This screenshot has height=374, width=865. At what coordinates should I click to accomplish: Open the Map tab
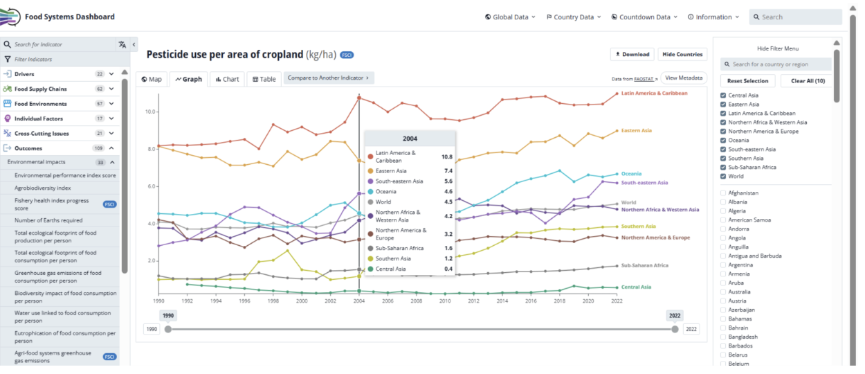click(x=152, y=79)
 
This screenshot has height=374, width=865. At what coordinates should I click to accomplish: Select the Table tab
click(x=264, y=79)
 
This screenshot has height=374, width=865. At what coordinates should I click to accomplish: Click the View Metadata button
click(x=684, y=78)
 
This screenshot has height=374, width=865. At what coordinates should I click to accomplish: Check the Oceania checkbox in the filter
click(x=723, y=140)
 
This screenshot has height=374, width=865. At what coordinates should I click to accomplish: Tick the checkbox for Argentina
click(x=723, y=265)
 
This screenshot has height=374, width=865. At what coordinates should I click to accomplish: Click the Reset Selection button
click(x=748, y=81)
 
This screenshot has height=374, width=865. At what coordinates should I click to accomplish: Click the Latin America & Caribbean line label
click(x=654, y=93)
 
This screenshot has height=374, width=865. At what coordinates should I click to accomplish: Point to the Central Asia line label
click(x=636, y=287)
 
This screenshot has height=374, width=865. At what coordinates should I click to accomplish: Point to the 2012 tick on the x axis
click(x=473, y=301)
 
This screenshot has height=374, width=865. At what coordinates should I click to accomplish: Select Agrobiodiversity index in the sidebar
click(x=43, y=188)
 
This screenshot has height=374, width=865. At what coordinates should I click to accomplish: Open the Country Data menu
click(x=574, y=17)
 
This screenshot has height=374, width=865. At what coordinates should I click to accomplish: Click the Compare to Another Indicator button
click(x=329, y=78)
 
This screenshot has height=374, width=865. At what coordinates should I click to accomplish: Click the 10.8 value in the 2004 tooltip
click(x=447, y=157)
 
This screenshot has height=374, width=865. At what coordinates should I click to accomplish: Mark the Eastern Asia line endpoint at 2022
click(x=617, y=131)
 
